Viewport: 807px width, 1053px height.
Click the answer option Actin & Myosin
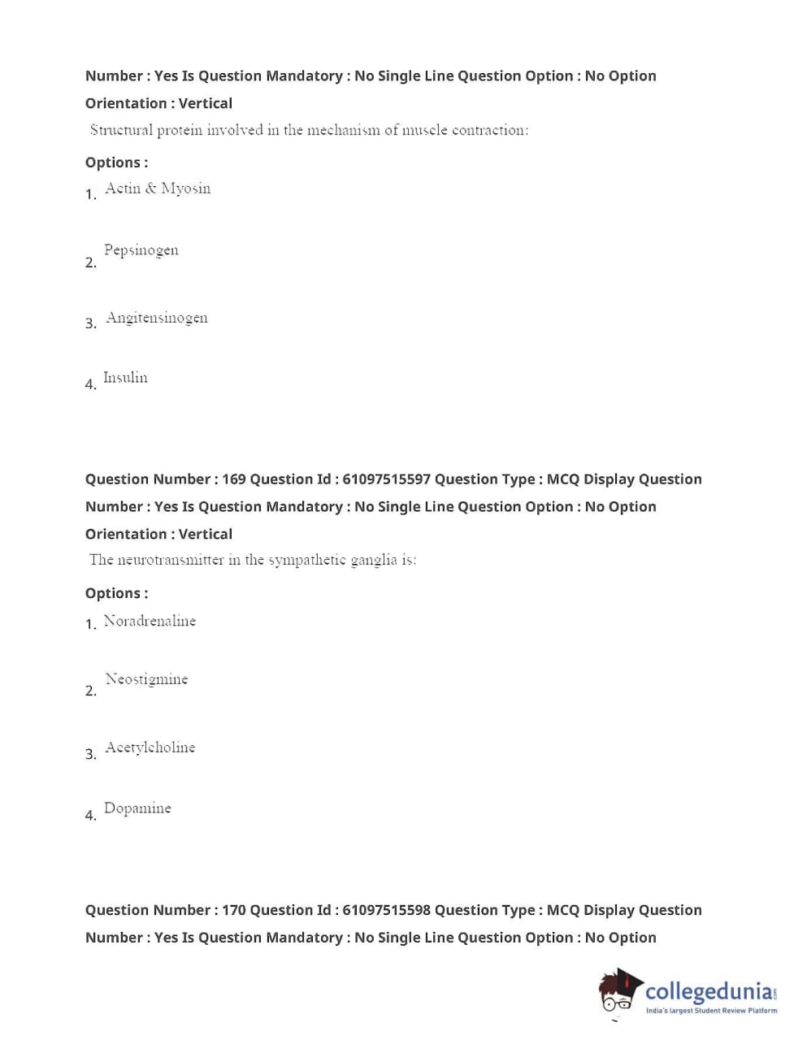point(158,188)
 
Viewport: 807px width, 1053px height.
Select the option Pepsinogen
point(141,250)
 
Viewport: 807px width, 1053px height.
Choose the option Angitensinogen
point(156,318)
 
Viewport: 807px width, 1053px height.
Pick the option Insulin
point(125,378)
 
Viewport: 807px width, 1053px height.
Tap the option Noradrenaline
point(150,621)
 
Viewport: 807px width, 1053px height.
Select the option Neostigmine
point(146,679)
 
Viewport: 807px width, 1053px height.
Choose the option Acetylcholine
point(150,747)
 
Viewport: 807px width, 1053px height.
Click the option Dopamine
point(137,808)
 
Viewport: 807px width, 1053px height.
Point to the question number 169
point(234,479)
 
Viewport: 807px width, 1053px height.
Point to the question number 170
point(234,910)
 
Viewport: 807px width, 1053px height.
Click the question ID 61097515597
point(386,479)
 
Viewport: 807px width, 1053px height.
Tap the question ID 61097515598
point(386,910)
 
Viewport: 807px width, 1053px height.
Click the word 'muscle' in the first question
point(424,130)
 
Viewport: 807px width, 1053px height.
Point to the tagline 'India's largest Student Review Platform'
point(711,1011)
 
